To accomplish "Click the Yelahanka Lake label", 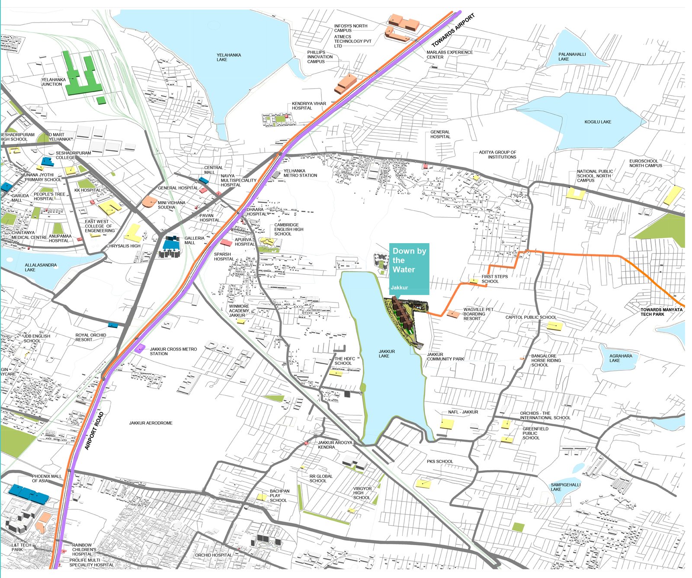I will (x=228, y=57).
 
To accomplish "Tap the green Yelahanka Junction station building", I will (x=82, y=78).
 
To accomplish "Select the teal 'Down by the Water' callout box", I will (x=409, y=268).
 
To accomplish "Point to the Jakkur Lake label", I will (x=386, y=354).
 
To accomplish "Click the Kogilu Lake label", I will (x=598, y=122).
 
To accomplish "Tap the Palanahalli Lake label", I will (x=572, y=57).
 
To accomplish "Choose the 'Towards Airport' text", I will (x=453, y=30).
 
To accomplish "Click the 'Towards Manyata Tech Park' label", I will (x=661, y=312).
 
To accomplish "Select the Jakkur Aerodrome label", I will (x=151, y=423).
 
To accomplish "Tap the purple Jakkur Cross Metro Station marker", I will (x=139, y=348).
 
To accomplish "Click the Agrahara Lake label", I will (x=620, y=358).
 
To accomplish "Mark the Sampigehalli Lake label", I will (x=565, y=487).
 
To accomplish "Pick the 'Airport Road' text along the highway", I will (x=94, y=431).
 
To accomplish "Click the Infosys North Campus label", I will (x=350, y=28).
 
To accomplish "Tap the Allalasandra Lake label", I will (x=40, y=267).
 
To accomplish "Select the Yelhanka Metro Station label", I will (x=300, y=173).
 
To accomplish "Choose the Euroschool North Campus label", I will (x=645, y=163).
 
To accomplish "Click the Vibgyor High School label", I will (x=362, y=493).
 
